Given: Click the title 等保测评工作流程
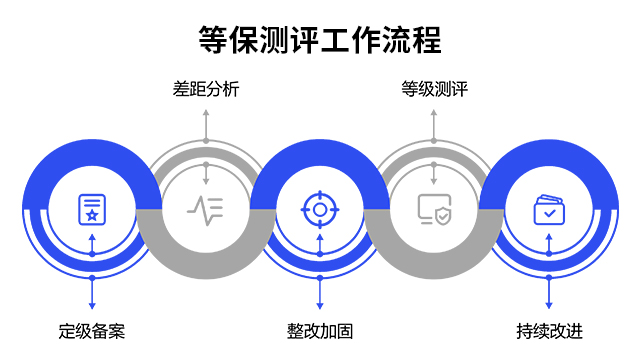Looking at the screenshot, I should click(x=320, y=40).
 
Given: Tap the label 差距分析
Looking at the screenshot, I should click(x=206, y=90).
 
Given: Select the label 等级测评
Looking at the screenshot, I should click(x=434, y=90).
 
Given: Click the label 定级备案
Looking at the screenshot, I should click(x=92, y=331).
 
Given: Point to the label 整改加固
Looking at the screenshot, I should click(x=320, y=331).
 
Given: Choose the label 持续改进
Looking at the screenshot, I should click(x=549, y=331).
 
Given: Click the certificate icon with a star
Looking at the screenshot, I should click(x=92, y=210).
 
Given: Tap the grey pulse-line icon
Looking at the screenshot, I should click(x=206, y=210).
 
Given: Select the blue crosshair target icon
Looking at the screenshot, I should click(x=320, y=210).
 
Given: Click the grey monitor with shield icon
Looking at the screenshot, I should click(x=434, y=210).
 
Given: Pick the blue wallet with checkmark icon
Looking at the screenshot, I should click(x=549, y=210).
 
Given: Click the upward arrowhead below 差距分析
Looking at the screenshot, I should click(x=206, y=112).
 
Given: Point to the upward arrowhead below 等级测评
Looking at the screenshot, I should click(x=434, y=112).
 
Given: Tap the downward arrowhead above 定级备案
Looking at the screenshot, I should click(x=92, y=305).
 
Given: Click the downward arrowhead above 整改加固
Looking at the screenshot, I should click(x=320, y=305).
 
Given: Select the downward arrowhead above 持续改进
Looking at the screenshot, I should click(x=549, y=305).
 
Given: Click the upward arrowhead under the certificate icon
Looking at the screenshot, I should click(x=92, y=238).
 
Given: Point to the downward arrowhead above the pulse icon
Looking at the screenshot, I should click(x=206, y=181).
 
